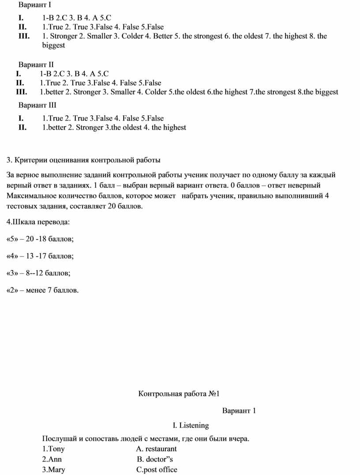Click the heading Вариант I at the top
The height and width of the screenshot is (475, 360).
pyautogui.click(x=35, y=5)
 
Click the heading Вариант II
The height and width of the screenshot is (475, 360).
pyautogui.click(x=36, y=64)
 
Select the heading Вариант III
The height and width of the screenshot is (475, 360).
pyautogui.click(x=37, y=105)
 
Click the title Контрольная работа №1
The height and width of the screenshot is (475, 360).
pyautogui.click(x=179, y=393)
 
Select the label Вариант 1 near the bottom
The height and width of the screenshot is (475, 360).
pyautogui.click(x=239, y=411)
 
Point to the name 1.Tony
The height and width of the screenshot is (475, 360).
pyautogui.click(x=53, y=449)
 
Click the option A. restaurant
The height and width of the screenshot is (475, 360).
pyautogui.click(x=157, y=449)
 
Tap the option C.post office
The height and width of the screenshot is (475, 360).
pyautogui.click(x=157, y=469)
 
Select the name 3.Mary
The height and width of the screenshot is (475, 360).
pyautogui.click(x=53, y=469)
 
